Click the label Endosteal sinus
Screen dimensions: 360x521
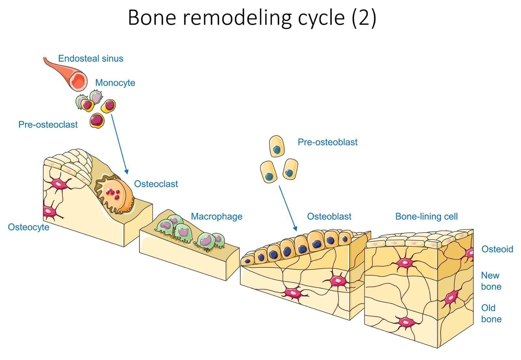tap(91, 59)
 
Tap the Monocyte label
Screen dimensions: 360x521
tap(115, 83)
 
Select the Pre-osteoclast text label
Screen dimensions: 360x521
tap(48, 124)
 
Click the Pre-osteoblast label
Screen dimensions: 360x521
tap(327, 142)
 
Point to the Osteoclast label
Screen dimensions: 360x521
tap(156, 184)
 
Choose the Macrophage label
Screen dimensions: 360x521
tap(217, 217)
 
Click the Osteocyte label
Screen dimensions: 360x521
tap(29, 227)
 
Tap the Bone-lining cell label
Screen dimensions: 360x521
tap(426, 217)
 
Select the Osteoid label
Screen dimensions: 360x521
tap(497, 249)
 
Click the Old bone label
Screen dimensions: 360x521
tap(491, 313)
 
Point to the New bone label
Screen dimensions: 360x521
tap(491, 281)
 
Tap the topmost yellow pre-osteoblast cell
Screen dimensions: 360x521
tap(277, 147)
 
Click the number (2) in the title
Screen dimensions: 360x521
tap(364, 18)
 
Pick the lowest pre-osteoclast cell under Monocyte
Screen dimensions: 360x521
tap(97, 121)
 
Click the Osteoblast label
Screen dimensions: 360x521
tap(329, 217)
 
